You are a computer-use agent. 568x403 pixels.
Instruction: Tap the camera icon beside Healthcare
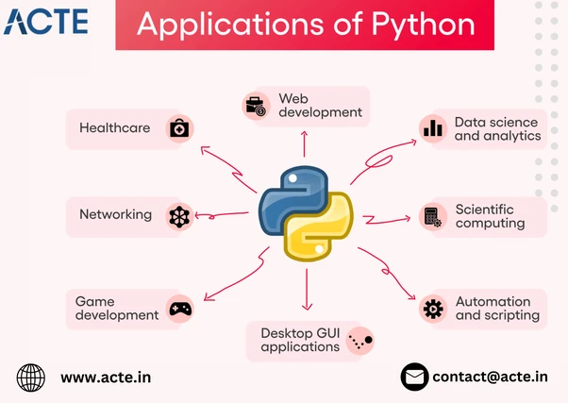(178, 128)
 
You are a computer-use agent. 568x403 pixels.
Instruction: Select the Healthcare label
(114, 128)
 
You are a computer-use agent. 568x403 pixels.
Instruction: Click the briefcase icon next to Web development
(255, 106)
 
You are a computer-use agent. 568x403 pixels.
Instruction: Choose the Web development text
(320, 105)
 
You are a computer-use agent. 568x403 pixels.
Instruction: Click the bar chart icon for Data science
(433, 128)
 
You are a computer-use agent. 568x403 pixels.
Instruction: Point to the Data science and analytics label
(497, 128)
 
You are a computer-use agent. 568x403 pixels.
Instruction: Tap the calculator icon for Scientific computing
(433, 217)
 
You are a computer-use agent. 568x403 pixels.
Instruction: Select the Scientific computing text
(490, 216)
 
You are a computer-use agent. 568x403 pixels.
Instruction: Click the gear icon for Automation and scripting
(433, 308)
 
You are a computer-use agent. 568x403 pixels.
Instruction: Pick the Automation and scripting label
(497, 308)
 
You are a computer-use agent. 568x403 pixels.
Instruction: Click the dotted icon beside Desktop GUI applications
(360, 340)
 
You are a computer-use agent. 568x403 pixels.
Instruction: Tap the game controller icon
(179, 308)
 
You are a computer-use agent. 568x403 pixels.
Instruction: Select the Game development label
(117, 308)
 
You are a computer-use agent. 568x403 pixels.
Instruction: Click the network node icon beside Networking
(178, 216)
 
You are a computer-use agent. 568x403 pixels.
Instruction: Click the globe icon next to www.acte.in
(31, 378)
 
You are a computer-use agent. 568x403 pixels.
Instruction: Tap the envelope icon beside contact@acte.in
(414, 378)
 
